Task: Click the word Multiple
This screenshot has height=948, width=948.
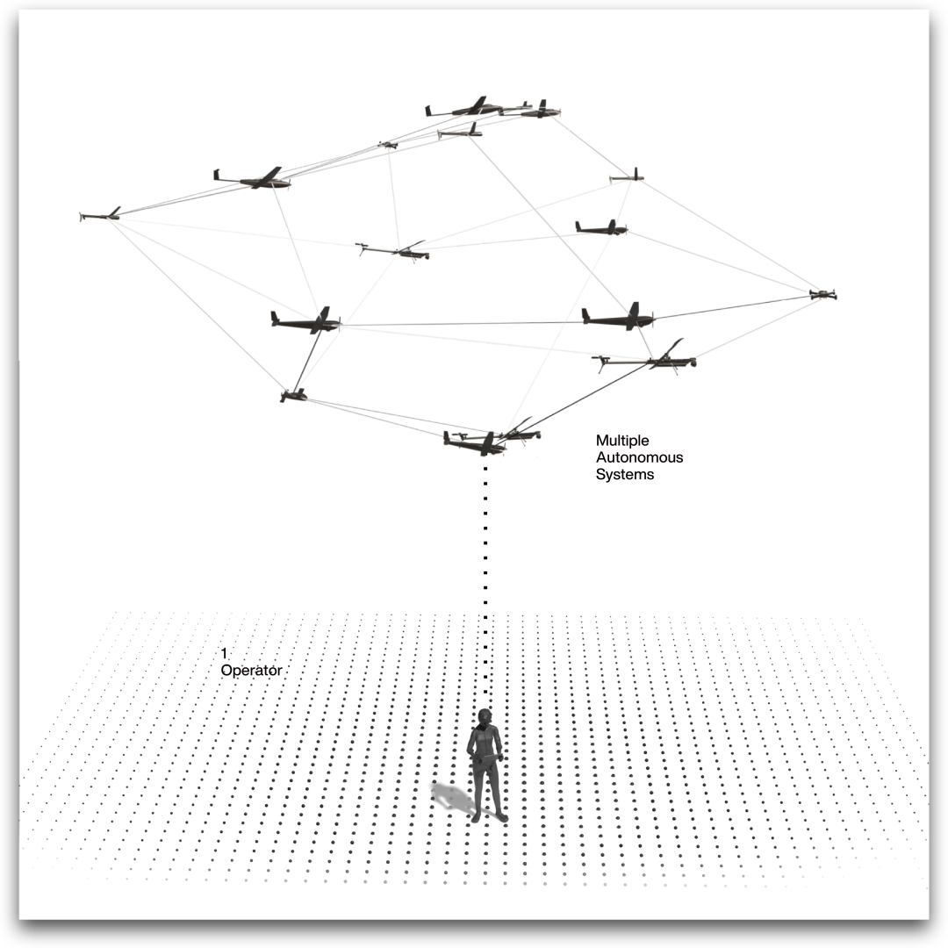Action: [622, 441]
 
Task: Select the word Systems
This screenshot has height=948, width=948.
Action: [625, 475]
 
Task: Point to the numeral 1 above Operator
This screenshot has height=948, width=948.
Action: [224, 654]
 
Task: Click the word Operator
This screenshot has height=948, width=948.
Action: [251, 671]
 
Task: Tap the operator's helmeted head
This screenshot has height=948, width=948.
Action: [484, 715]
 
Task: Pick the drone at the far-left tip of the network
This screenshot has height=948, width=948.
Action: [101, 215]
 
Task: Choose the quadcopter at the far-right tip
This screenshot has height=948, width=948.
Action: [822, 294]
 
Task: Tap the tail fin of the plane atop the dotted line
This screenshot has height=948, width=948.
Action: [447, 435]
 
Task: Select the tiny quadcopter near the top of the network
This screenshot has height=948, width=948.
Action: [388, 144]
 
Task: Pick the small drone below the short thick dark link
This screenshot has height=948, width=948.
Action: [293, 396]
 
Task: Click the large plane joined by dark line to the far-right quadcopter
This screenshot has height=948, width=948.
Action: [618, 318]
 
